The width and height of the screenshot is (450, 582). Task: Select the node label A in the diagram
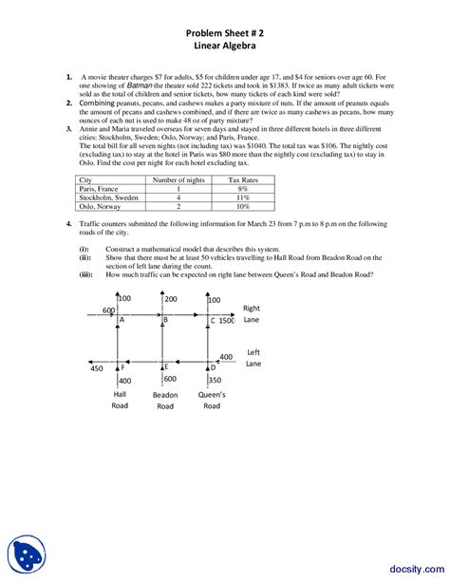coord(122,321)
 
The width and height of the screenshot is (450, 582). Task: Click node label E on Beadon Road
coord(165,366)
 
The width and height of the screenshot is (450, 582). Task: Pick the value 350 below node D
coord(215,380)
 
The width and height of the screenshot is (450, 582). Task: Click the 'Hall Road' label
coord(121,399)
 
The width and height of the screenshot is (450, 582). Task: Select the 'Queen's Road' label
coord(210,399)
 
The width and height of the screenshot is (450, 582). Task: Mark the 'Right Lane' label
coord(252,314)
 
